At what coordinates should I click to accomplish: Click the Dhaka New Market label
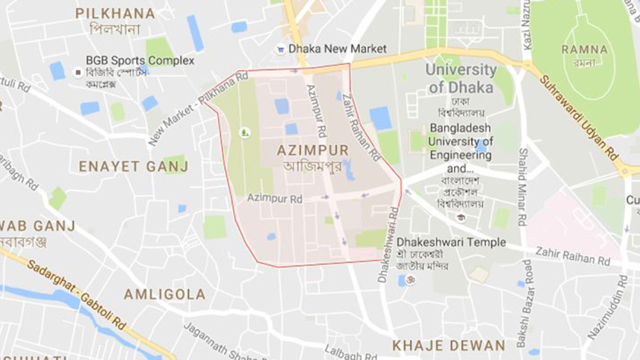(338, 49)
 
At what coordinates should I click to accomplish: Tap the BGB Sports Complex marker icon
(78, 72)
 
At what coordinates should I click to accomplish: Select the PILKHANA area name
(115, 13)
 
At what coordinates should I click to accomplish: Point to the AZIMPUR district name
(312, 149)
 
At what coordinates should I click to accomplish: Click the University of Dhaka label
(461, 78)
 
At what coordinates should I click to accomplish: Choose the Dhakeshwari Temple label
(451, 242)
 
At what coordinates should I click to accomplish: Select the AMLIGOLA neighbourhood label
(164, 294)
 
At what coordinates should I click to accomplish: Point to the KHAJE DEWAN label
(449, 345)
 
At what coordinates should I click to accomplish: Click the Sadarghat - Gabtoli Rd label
(78, 291)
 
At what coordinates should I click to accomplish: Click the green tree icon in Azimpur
(243, 132)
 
